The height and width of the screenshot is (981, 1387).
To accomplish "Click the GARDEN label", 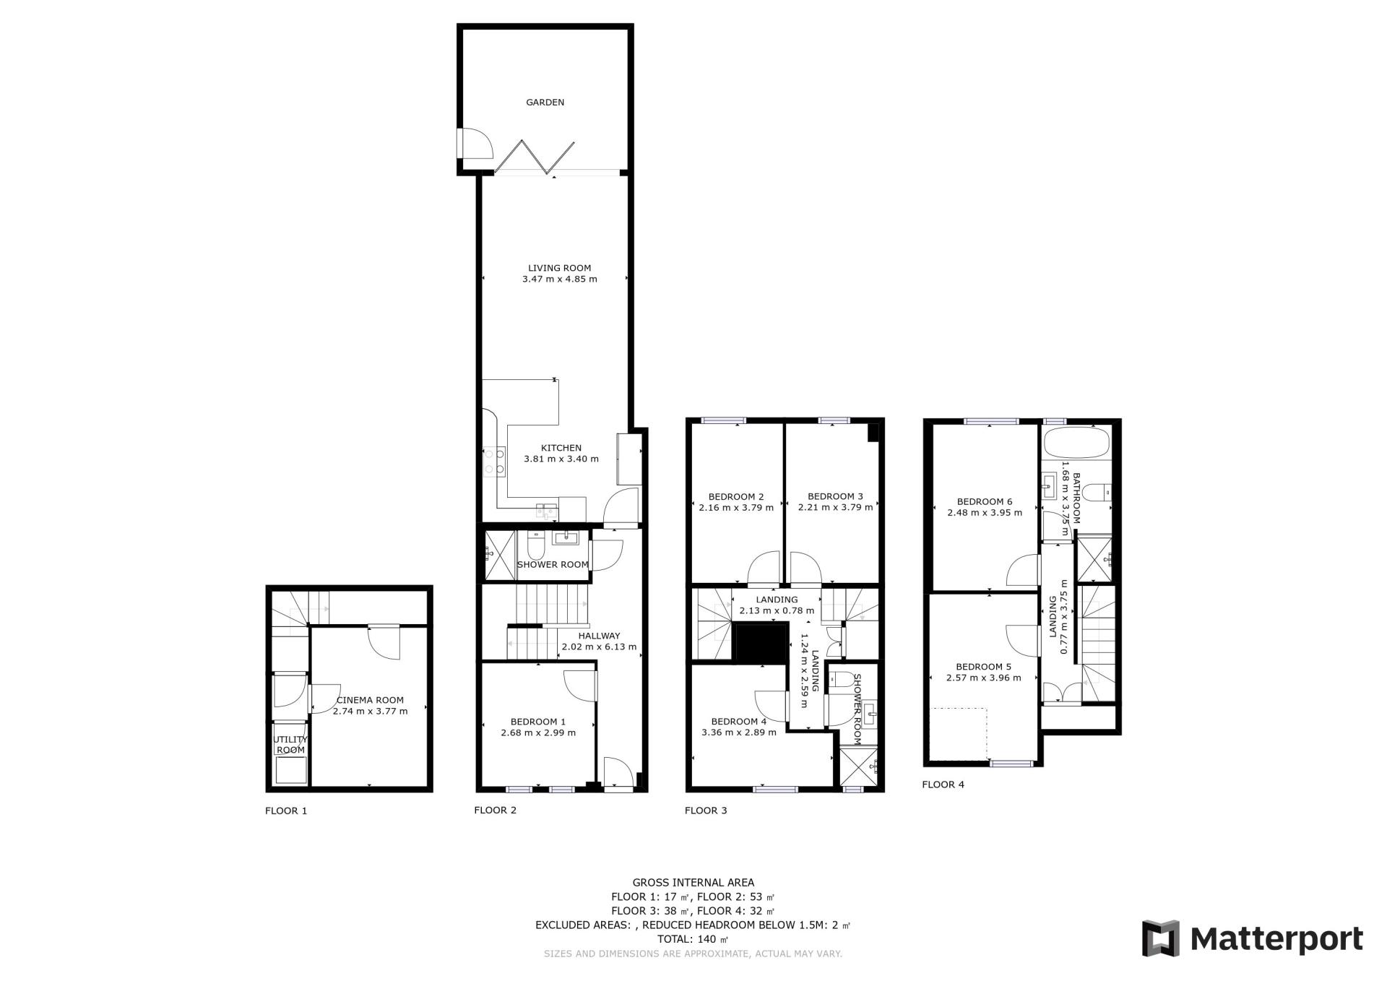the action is (545, 103).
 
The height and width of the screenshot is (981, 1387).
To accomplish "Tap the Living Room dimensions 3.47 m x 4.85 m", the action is (559, 279).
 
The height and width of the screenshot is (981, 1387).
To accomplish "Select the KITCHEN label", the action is (561, 448).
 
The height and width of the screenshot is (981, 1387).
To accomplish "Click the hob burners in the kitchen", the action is (495, 462).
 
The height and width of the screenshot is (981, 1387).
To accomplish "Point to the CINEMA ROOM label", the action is (370, 700).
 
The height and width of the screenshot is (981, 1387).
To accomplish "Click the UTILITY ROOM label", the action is (290, 745).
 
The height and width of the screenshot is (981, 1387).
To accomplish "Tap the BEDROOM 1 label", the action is (538, 722).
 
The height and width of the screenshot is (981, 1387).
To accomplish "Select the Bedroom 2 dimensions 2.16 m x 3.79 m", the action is (736, 507).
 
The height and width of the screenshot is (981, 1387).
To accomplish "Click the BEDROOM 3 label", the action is (835, 496).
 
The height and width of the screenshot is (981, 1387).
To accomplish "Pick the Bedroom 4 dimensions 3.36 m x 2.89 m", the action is (739, 732).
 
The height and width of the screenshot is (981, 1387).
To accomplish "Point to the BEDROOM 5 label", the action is (983, 667).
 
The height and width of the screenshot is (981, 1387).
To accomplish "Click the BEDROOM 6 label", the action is (985, 501).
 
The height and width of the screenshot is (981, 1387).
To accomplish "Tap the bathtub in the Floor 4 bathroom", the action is (1077, 444).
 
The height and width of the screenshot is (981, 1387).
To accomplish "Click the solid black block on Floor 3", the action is (759, 642).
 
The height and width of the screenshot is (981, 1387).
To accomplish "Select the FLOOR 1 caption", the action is (286, 811).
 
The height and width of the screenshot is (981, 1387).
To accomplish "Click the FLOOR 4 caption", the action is (943, 785).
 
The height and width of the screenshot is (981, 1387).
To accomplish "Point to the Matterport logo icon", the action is (1160, 938).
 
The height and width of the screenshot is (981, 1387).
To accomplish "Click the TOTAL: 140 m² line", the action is (693, 939).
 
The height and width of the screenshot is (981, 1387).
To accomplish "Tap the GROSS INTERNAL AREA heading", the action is (693, 882).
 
